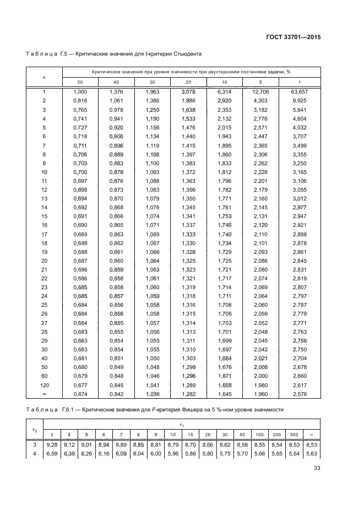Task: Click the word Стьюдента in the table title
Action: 187,55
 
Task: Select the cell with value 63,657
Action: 300,91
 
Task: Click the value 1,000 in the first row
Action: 80,91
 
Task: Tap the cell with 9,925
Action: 300,101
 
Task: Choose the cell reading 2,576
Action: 300,394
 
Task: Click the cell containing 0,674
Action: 80,394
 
